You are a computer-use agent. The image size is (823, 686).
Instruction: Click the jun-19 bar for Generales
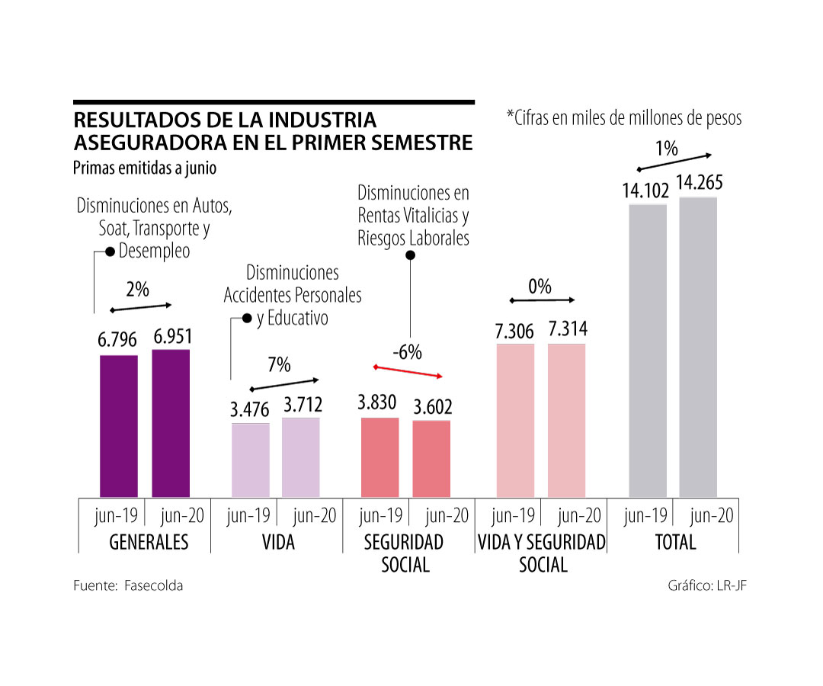[119, 426]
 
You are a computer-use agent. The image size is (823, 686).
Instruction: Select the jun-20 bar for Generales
[171, 423]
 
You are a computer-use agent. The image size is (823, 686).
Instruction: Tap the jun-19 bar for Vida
[251, 460]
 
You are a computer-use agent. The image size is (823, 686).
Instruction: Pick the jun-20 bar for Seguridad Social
[431, 459]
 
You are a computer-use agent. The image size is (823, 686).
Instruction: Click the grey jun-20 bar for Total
[698, 347]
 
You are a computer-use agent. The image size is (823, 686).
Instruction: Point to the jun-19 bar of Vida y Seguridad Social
[515, 421]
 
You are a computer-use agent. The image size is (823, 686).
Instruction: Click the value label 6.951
[171, 336]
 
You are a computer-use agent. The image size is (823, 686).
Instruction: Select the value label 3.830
[377, 403]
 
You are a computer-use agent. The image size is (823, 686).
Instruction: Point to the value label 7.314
[567, 330]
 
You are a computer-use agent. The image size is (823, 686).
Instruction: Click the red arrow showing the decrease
[408, 371]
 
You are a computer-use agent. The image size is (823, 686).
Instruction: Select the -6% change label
[407, 353]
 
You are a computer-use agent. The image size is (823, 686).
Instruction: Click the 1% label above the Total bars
[667, 149]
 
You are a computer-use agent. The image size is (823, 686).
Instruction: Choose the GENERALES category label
[149, 543]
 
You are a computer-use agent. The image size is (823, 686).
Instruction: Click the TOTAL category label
[675, 543]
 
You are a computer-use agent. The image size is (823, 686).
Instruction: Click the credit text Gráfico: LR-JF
[703, 585]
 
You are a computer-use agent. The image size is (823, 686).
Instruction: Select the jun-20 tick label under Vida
[315, 516]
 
